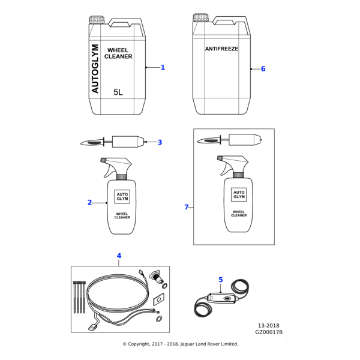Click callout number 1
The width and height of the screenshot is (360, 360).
coord(163,67)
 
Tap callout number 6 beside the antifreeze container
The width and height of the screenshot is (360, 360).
coord(263,68)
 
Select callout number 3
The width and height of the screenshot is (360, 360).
coord(160,142)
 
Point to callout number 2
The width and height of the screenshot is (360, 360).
coord(89,203)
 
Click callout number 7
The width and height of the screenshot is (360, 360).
coord(187,207)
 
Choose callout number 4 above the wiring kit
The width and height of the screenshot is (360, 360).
coord(119,256)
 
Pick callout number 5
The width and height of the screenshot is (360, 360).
coord(221,280)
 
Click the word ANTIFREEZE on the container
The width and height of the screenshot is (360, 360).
coord(221,49)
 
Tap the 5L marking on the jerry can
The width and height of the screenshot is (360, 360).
coord(118,92)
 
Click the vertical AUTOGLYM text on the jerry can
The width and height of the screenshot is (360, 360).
coord(95,68)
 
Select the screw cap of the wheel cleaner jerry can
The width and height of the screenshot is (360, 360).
coord(97,19)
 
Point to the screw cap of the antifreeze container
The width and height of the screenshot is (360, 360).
coord(200,17)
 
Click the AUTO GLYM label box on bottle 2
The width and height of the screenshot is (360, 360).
coord(122,197)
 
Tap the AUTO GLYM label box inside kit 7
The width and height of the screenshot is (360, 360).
coord(239,194)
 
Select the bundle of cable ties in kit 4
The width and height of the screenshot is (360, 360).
coord(79,297)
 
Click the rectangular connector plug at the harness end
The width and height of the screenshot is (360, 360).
coord(93,327)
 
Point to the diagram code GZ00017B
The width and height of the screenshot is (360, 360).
coord(269,332)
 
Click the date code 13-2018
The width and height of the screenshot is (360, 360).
coord(269,326)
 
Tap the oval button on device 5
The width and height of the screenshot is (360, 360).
coord(227,298)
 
